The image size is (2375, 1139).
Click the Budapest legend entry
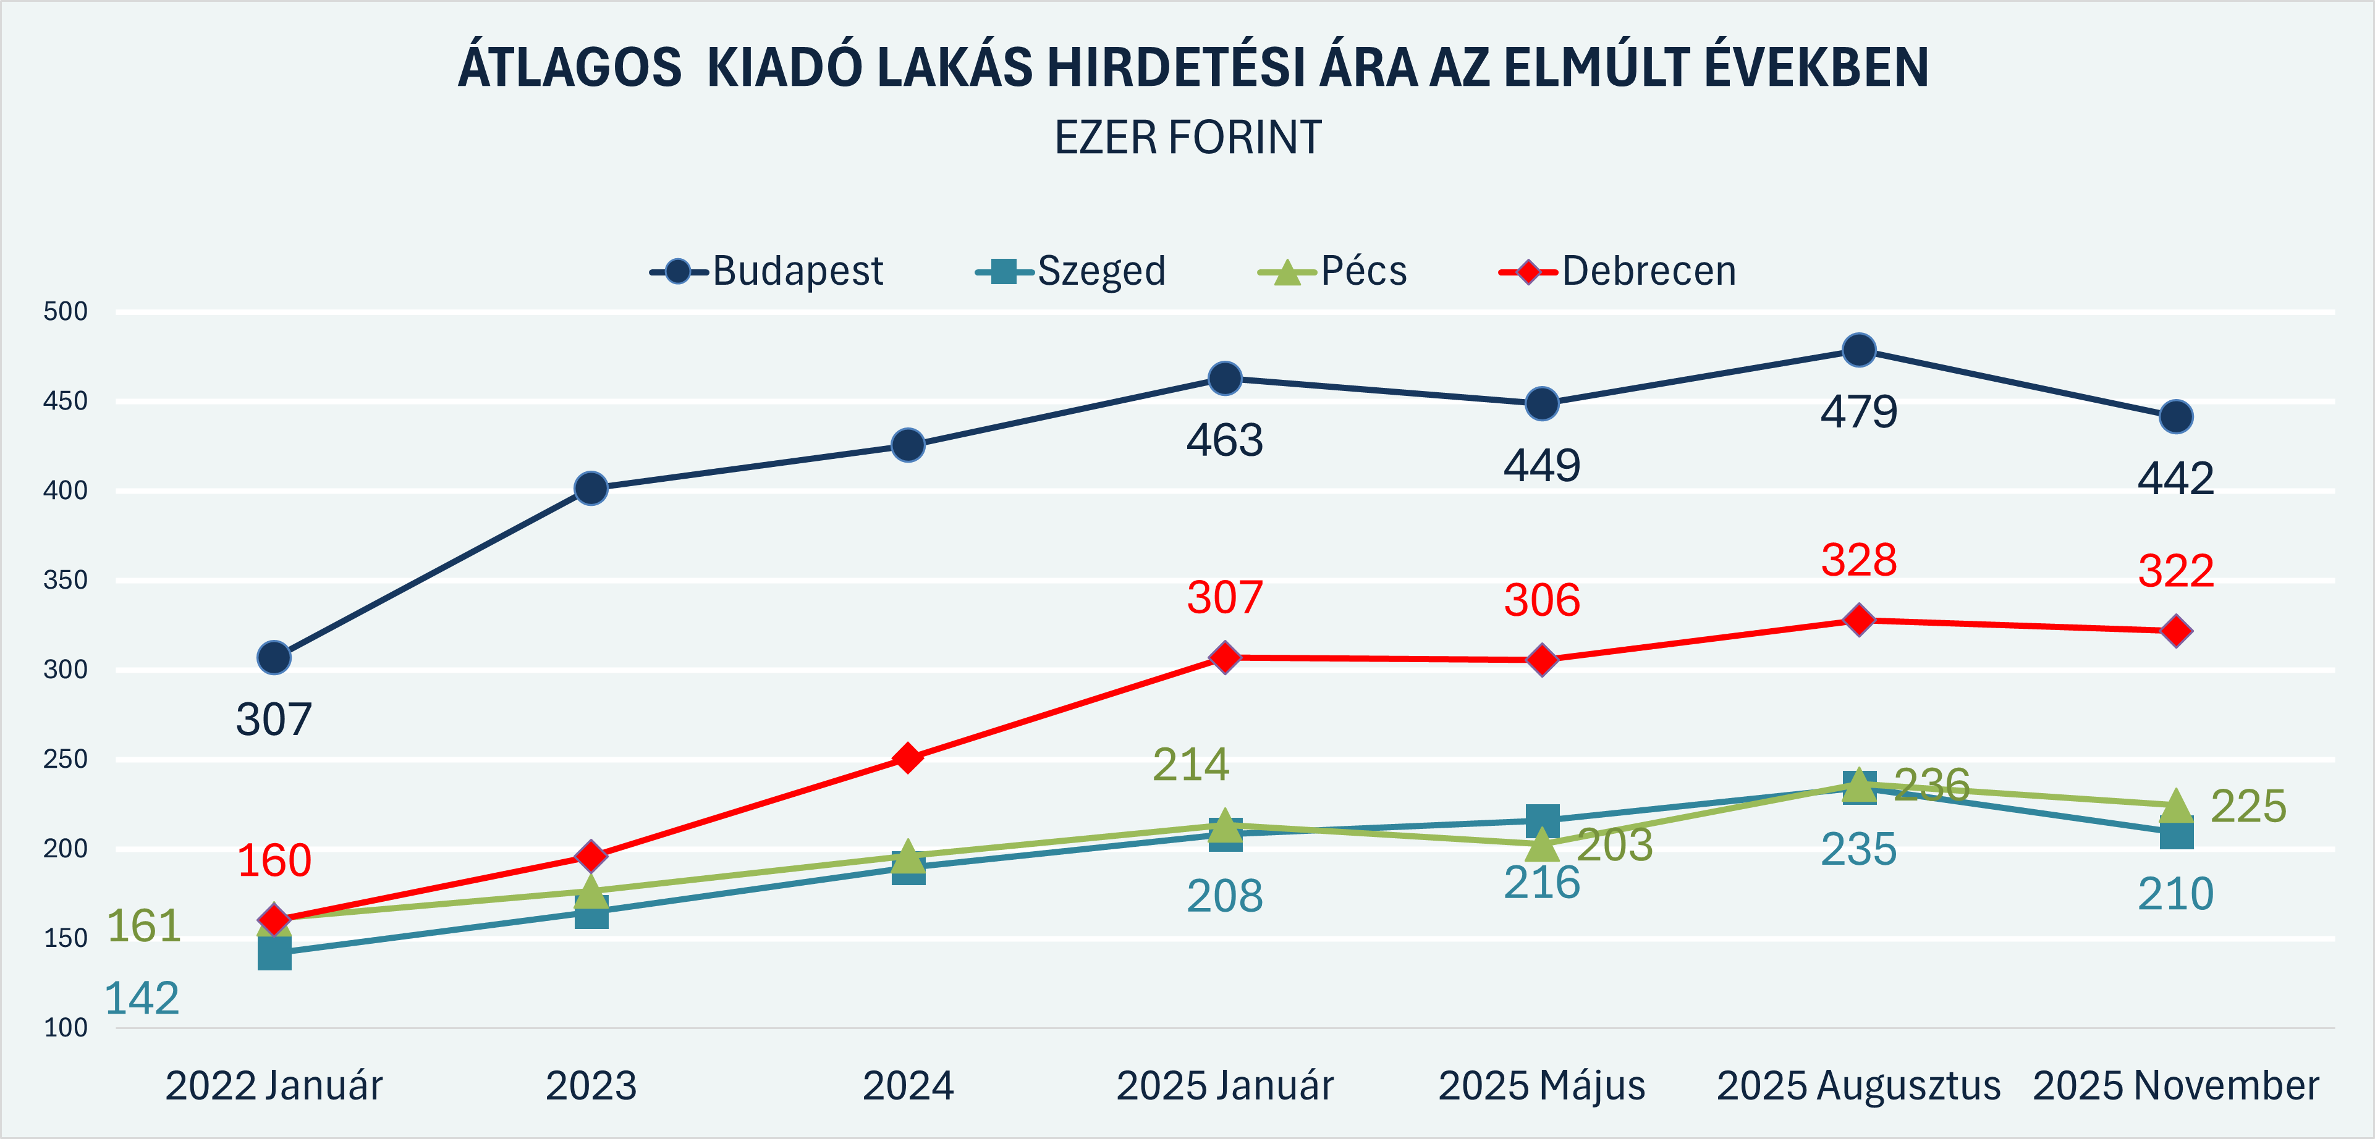[767, 272]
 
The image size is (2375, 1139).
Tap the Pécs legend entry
[1333, 272]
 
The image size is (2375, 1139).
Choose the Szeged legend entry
[1072, 272]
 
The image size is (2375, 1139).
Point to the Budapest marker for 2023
[591, 489]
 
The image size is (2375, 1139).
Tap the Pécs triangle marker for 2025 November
[2176, 804]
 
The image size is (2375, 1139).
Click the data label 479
[1859, 412]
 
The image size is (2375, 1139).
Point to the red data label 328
[1859, 560]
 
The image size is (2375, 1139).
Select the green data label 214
[1190, 765]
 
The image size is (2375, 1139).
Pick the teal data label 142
[142, 999]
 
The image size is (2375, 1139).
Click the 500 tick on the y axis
[66, 311]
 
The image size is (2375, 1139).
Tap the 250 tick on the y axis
[66, 759]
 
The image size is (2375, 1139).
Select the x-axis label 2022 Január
[274, 1085]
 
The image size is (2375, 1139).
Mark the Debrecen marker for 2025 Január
[1224, 658]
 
